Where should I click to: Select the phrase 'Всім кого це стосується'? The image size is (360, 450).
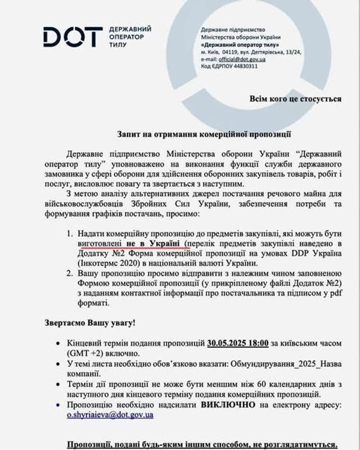[295, 98]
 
